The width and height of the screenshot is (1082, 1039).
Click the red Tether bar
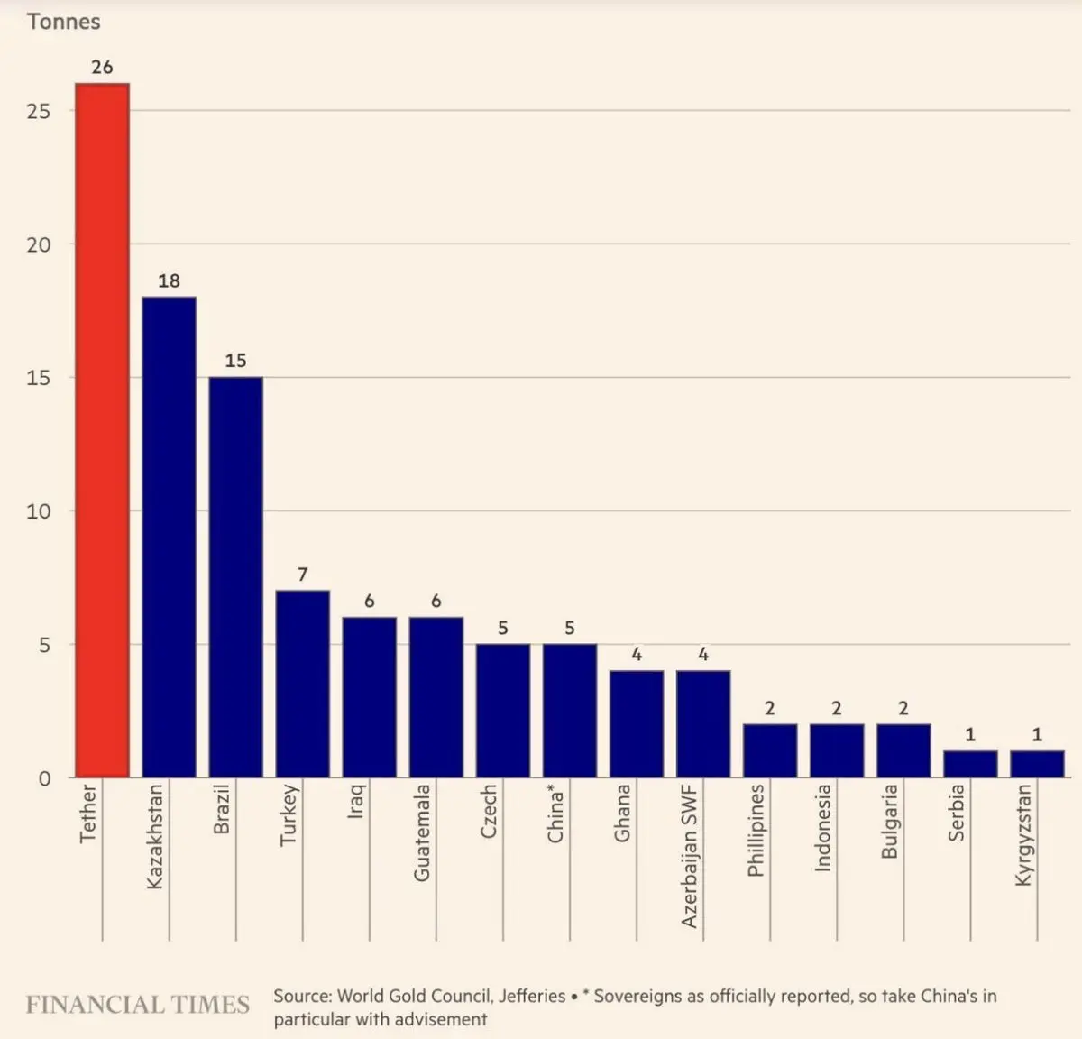(102, 430)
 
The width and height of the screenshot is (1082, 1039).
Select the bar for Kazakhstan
(169, 537)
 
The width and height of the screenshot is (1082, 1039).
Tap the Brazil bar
(235, 577)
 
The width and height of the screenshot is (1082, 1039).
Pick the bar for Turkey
(302, 684)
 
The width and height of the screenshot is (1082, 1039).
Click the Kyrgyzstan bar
(1037, 764)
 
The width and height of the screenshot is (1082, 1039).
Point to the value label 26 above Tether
(102, 67)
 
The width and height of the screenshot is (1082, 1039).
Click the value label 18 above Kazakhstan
(169, 280)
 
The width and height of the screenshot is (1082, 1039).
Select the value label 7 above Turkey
(302, 574)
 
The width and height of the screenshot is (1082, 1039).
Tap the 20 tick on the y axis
(38, 244)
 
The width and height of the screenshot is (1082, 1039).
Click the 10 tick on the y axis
(38, 511)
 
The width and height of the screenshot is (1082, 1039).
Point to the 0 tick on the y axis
(44, 778)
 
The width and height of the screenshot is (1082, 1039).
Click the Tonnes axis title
(63, 22)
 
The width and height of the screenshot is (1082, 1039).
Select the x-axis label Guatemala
(421, 832)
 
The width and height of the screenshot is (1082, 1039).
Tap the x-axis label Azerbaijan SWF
(690, 856)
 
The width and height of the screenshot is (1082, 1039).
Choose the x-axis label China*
(555, 814)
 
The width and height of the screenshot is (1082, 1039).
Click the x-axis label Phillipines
(756, 831)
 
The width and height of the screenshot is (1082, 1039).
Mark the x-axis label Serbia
(957, 813)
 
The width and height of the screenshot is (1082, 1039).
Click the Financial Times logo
(137, 1005)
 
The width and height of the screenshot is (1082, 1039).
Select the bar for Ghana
(636, 723)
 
